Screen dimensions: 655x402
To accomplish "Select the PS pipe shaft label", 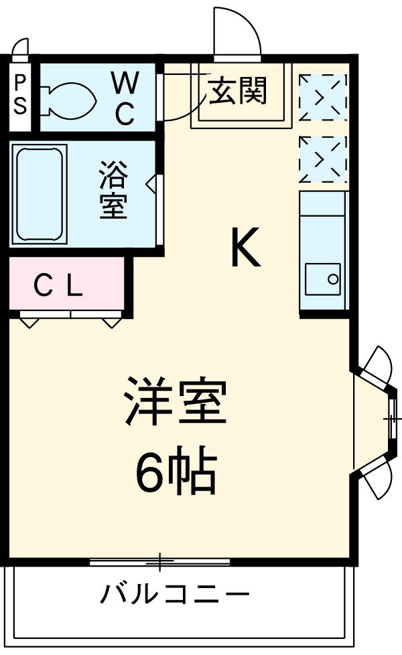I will tap(21, 95).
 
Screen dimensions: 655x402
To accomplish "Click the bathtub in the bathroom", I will tap(40, 194).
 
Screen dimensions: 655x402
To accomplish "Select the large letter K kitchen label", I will tap(245, 248).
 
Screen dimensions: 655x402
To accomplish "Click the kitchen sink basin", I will tap(322, 278).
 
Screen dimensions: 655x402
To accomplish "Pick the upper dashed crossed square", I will tap(323, 98).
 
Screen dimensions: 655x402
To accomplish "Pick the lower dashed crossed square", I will tap(323, 159).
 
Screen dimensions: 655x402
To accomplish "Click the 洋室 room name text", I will tap(176, 401).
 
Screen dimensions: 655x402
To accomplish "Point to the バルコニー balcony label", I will tap(176, 593).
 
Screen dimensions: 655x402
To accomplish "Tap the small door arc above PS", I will tap(21, 48).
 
